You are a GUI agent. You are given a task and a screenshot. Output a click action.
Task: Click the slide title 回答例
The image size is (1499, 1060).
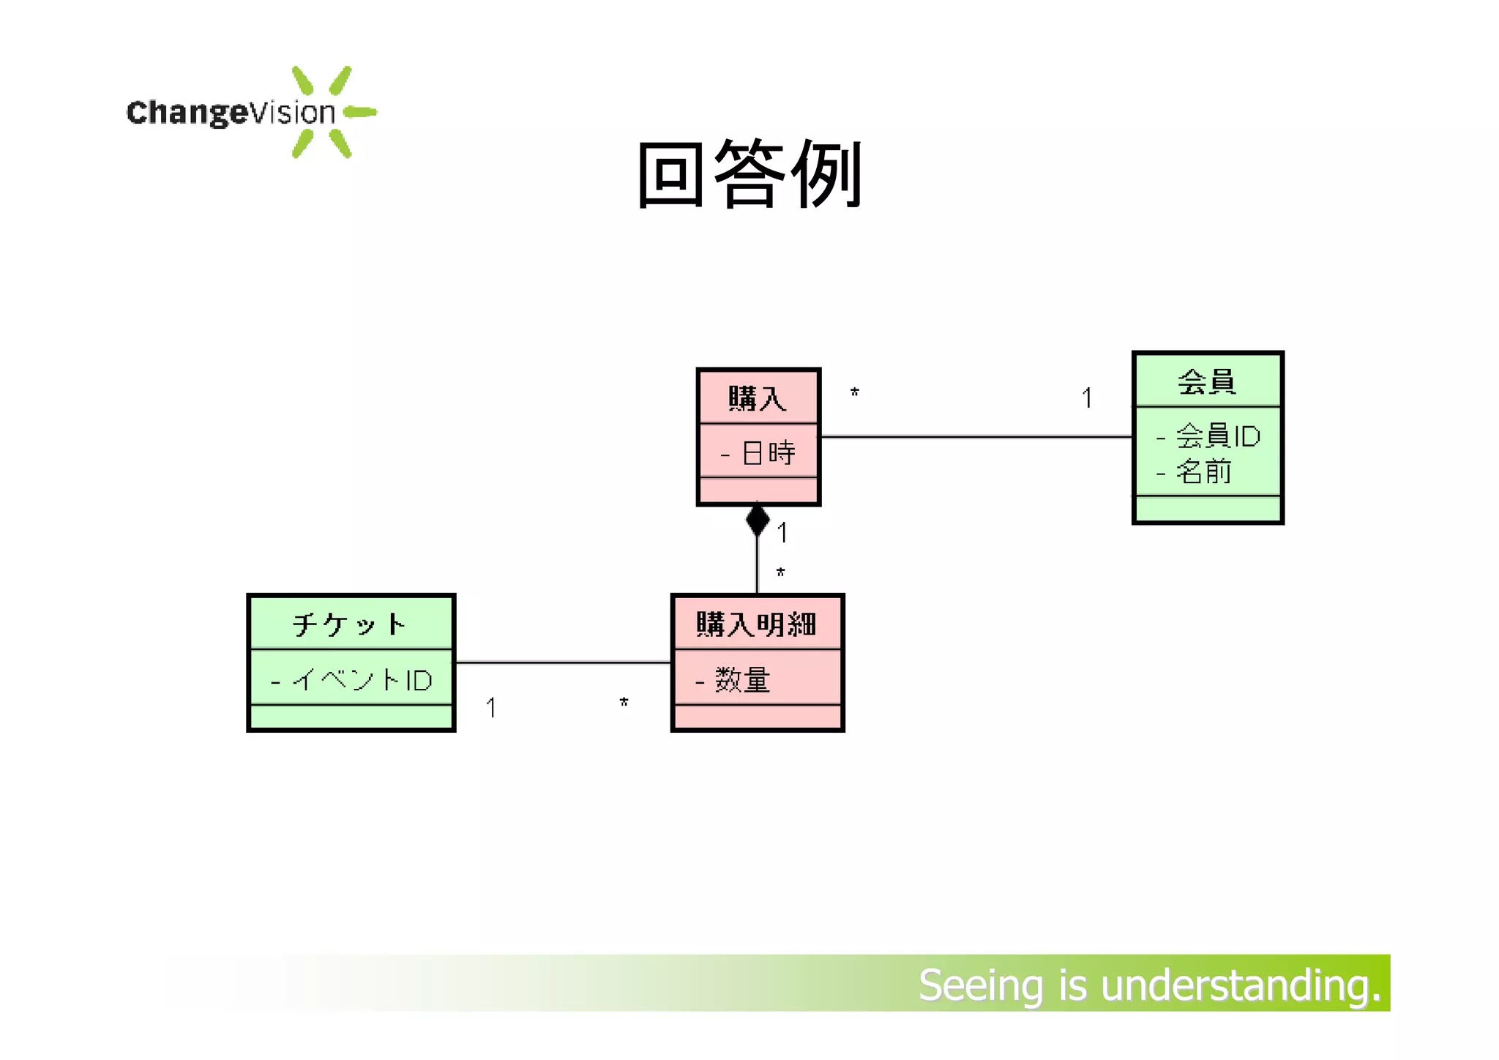click(x=750, y=174)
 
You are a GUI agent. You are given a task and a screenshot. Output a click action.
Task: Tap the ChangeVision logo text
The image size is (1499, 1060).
click(x=231, y=113)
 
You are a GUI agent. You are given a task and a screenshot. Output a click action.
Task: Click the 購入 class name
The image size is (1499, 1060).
click(x=758, y=399)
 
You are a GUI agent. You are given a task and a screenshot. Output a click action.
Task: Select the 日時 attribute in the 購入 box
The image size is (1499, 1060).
click(x=768, y=452)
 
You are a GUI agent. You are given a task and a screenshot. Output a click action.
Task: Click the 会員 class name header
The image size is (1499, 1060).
click(x=1207, y=381)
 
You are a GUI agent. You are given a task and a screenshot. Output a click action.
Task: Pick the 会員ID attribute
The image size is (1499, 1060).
click(x=1217, y=436)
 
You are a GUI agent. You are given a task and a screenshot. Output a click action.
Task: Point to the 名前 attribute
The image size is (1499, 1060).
click(x=1203, y=471)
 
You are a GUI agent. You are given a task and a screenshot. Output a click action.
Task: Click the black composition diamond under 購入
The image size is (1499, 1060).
click(x=758, y=520)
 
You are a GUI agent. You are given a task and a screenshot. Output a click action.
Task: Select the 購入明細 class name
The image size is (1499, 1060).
click(x=757, y=624)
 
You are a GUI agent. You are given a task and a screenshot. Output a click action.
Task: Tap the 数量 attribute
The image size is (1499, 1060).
click(x=742, y=680)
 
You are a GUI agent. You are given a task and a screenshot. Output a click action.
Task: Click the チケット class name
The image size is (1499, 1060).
click(x=350, y=624)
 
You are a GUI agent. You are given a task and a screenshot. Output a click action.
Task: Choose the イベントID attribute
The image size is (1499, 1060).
click(x=362, y=680)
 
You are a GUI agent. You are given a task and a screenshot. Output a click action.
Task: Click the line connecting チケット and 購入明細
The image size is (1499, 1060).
click(x=562, y=662)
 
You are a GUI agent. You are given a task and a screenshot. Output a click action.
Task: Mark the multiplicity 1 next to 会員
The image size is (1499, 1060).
click(x=1087, y=398)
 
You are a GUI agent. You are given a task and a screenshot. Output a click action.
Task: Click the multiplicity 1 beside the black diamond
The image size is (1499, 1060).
click(x=782, y=533)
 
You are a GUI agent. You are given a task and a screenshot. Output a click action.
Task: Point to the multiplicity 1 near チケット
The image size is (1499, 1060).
click(x=491, y=708)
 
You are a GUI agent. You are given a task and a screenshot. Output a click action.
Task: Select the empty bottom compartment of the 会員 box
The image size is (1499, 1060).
click(x=1208, y=509)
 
